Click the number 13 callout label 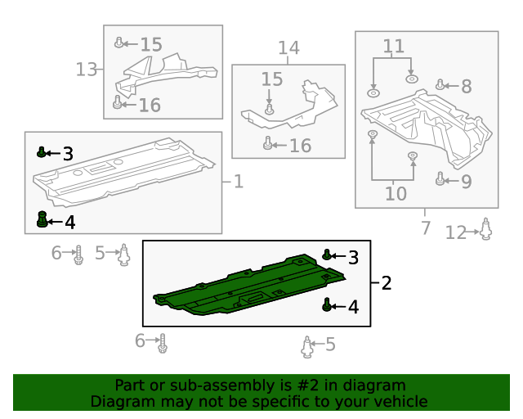point(87,70)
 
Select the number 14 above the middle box point(288,47)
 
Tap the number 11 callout point(394,46)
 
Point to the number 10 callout point(396,193)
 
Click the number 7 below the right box point(425,228)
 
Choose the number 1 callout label point(239,182)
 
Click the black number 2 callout point(387,283)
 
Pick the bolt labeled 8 point(440,84)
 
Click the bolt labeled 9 point(440,178)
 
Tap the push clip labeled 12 point(485,229)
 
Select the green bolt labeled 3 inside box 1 point(41,152)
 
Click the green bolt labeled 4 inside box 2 point(327,304)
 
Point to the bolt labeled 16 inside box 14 point(267,143)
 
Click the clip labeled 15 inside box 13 point(118,43)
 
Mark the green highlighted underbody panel point(249,285)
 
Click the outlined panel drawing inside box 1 point(123,173)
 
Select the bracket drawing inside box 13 point(166,74)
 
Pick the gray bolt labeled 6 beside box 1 point(78,255)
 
